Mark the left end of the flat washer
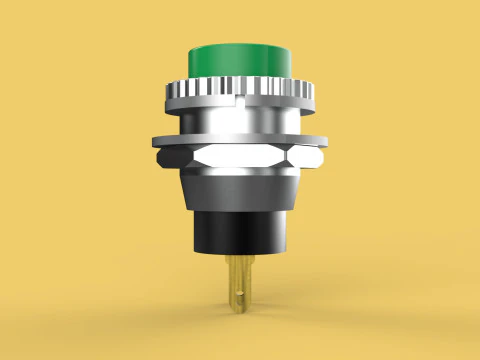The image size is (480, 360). tap(154, 141)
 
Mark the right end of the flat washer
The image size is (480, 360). tap(326, 141)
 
